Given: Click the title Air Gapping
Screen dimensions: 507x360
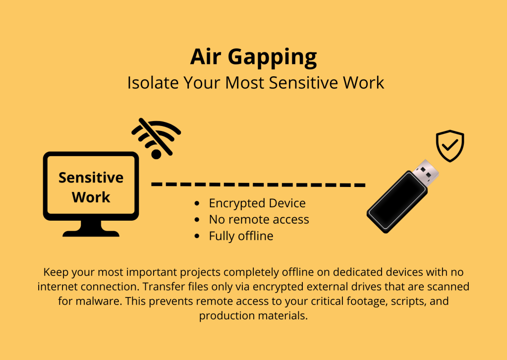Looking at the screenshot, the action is (254, 58).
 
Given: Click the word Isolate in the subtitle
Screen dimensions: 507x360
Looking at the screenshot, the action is (153, 82).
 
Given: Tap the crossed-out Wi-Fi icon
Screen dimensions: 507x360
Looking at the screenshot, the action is (156, 138).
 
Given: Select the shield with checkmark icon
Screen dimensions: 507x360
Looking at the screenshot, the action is (450, 146).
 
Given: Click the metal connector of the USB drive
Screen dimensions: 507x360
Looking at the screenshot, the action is (427, 173).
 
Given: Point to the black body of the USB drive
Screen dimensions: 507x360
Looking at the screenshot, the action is (397, 202).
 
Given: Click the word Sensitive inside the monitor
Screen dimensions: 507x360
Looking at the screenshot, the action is (91, 178).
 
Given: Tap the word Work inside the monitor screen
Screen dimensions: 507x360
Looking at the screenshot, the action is (91, 197).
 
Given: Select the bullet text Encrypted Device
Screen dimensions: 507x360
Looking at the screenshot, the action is (257, 203).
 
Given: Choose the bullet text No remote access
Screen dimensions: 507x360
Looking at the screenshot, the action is (259, 220).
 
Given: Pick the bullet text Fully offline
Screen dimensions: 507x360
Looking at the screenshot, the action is (241, 236).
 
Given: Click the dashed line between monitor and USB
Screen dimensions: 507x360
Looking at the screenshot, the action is (258, 184).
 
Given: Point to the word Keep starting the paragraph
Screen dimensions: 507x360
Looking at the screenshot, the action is (56, 272).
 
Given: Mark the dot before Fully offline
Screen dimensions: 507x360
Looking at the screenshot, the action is (197, 236).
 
